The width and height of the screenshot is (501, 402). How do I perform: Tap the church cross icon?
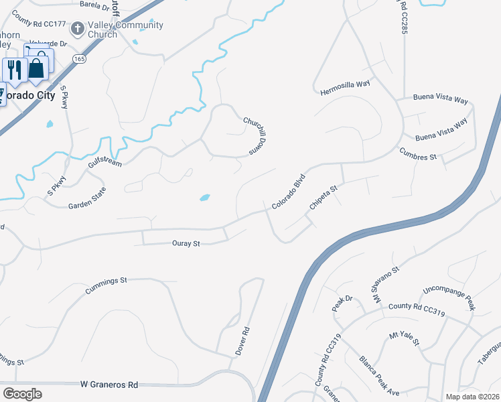78,28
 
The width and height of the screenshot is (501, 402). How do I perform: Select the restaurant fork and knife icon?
14,69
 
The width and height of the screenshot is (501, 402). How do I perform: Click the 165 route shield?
80,59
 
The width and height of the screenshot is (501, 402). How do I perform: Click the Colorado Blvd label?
289,190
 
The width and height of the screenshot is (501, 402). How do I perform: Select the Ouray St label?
187,244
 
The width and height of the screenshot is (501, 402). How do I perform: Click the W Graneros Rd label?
109,385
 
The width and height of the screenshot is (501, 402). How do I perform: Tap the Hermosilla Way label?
345,88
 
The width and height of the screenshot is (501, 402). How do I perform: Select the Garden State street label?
87,199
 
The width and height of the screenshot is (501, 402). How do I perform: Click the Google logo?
22,394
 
